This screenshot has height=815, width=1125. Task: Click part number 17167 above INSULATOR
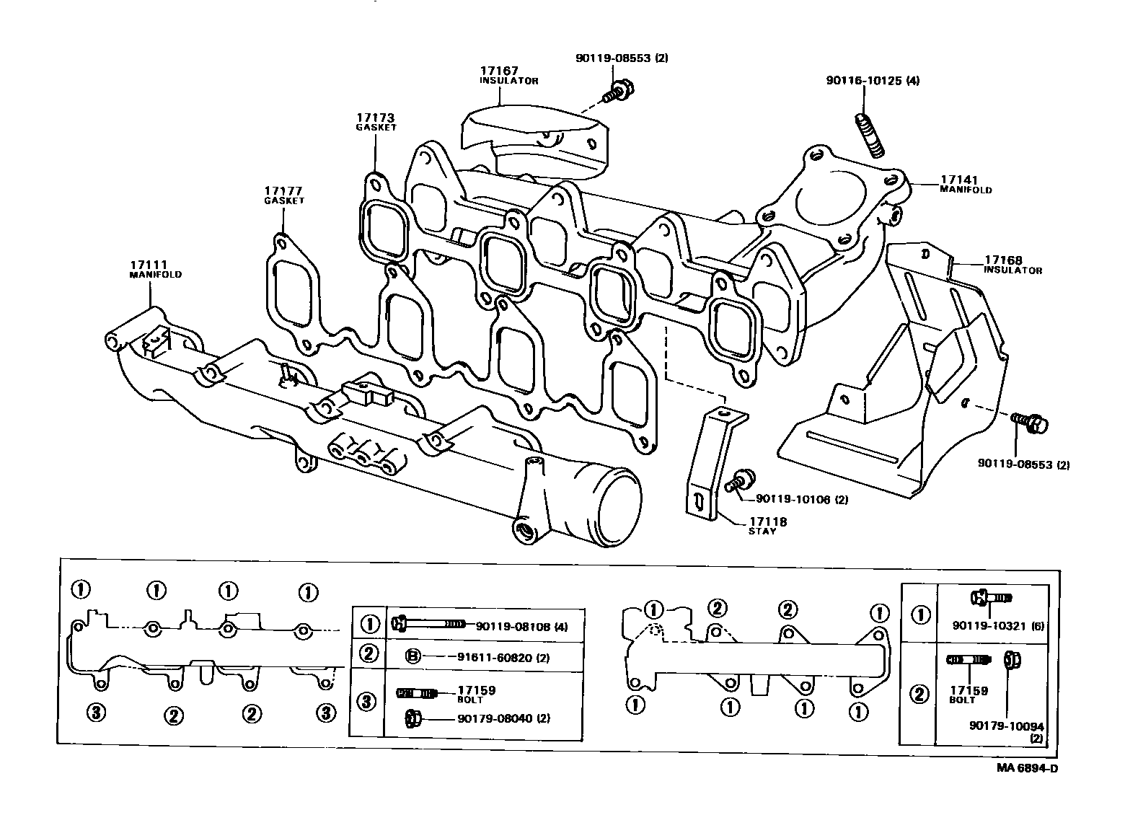pos(498,71)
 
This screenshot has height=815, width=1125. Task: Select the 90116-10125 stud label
pos(872,81)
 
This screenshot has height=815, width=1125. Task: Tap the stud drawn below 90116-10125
pos(870,136)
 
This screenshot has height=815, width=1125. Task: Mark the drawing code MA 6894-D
pos(1027,767)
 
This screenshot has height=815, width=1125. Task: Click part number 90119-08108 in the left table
pos(512,627)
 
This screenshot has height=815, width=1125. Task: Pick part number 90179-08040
pos(495,718)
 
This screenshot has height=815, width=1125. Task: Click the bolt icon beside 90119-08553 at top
pos(614,92)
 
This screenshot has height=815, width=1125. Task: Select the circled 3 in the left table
pos(368,701)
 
